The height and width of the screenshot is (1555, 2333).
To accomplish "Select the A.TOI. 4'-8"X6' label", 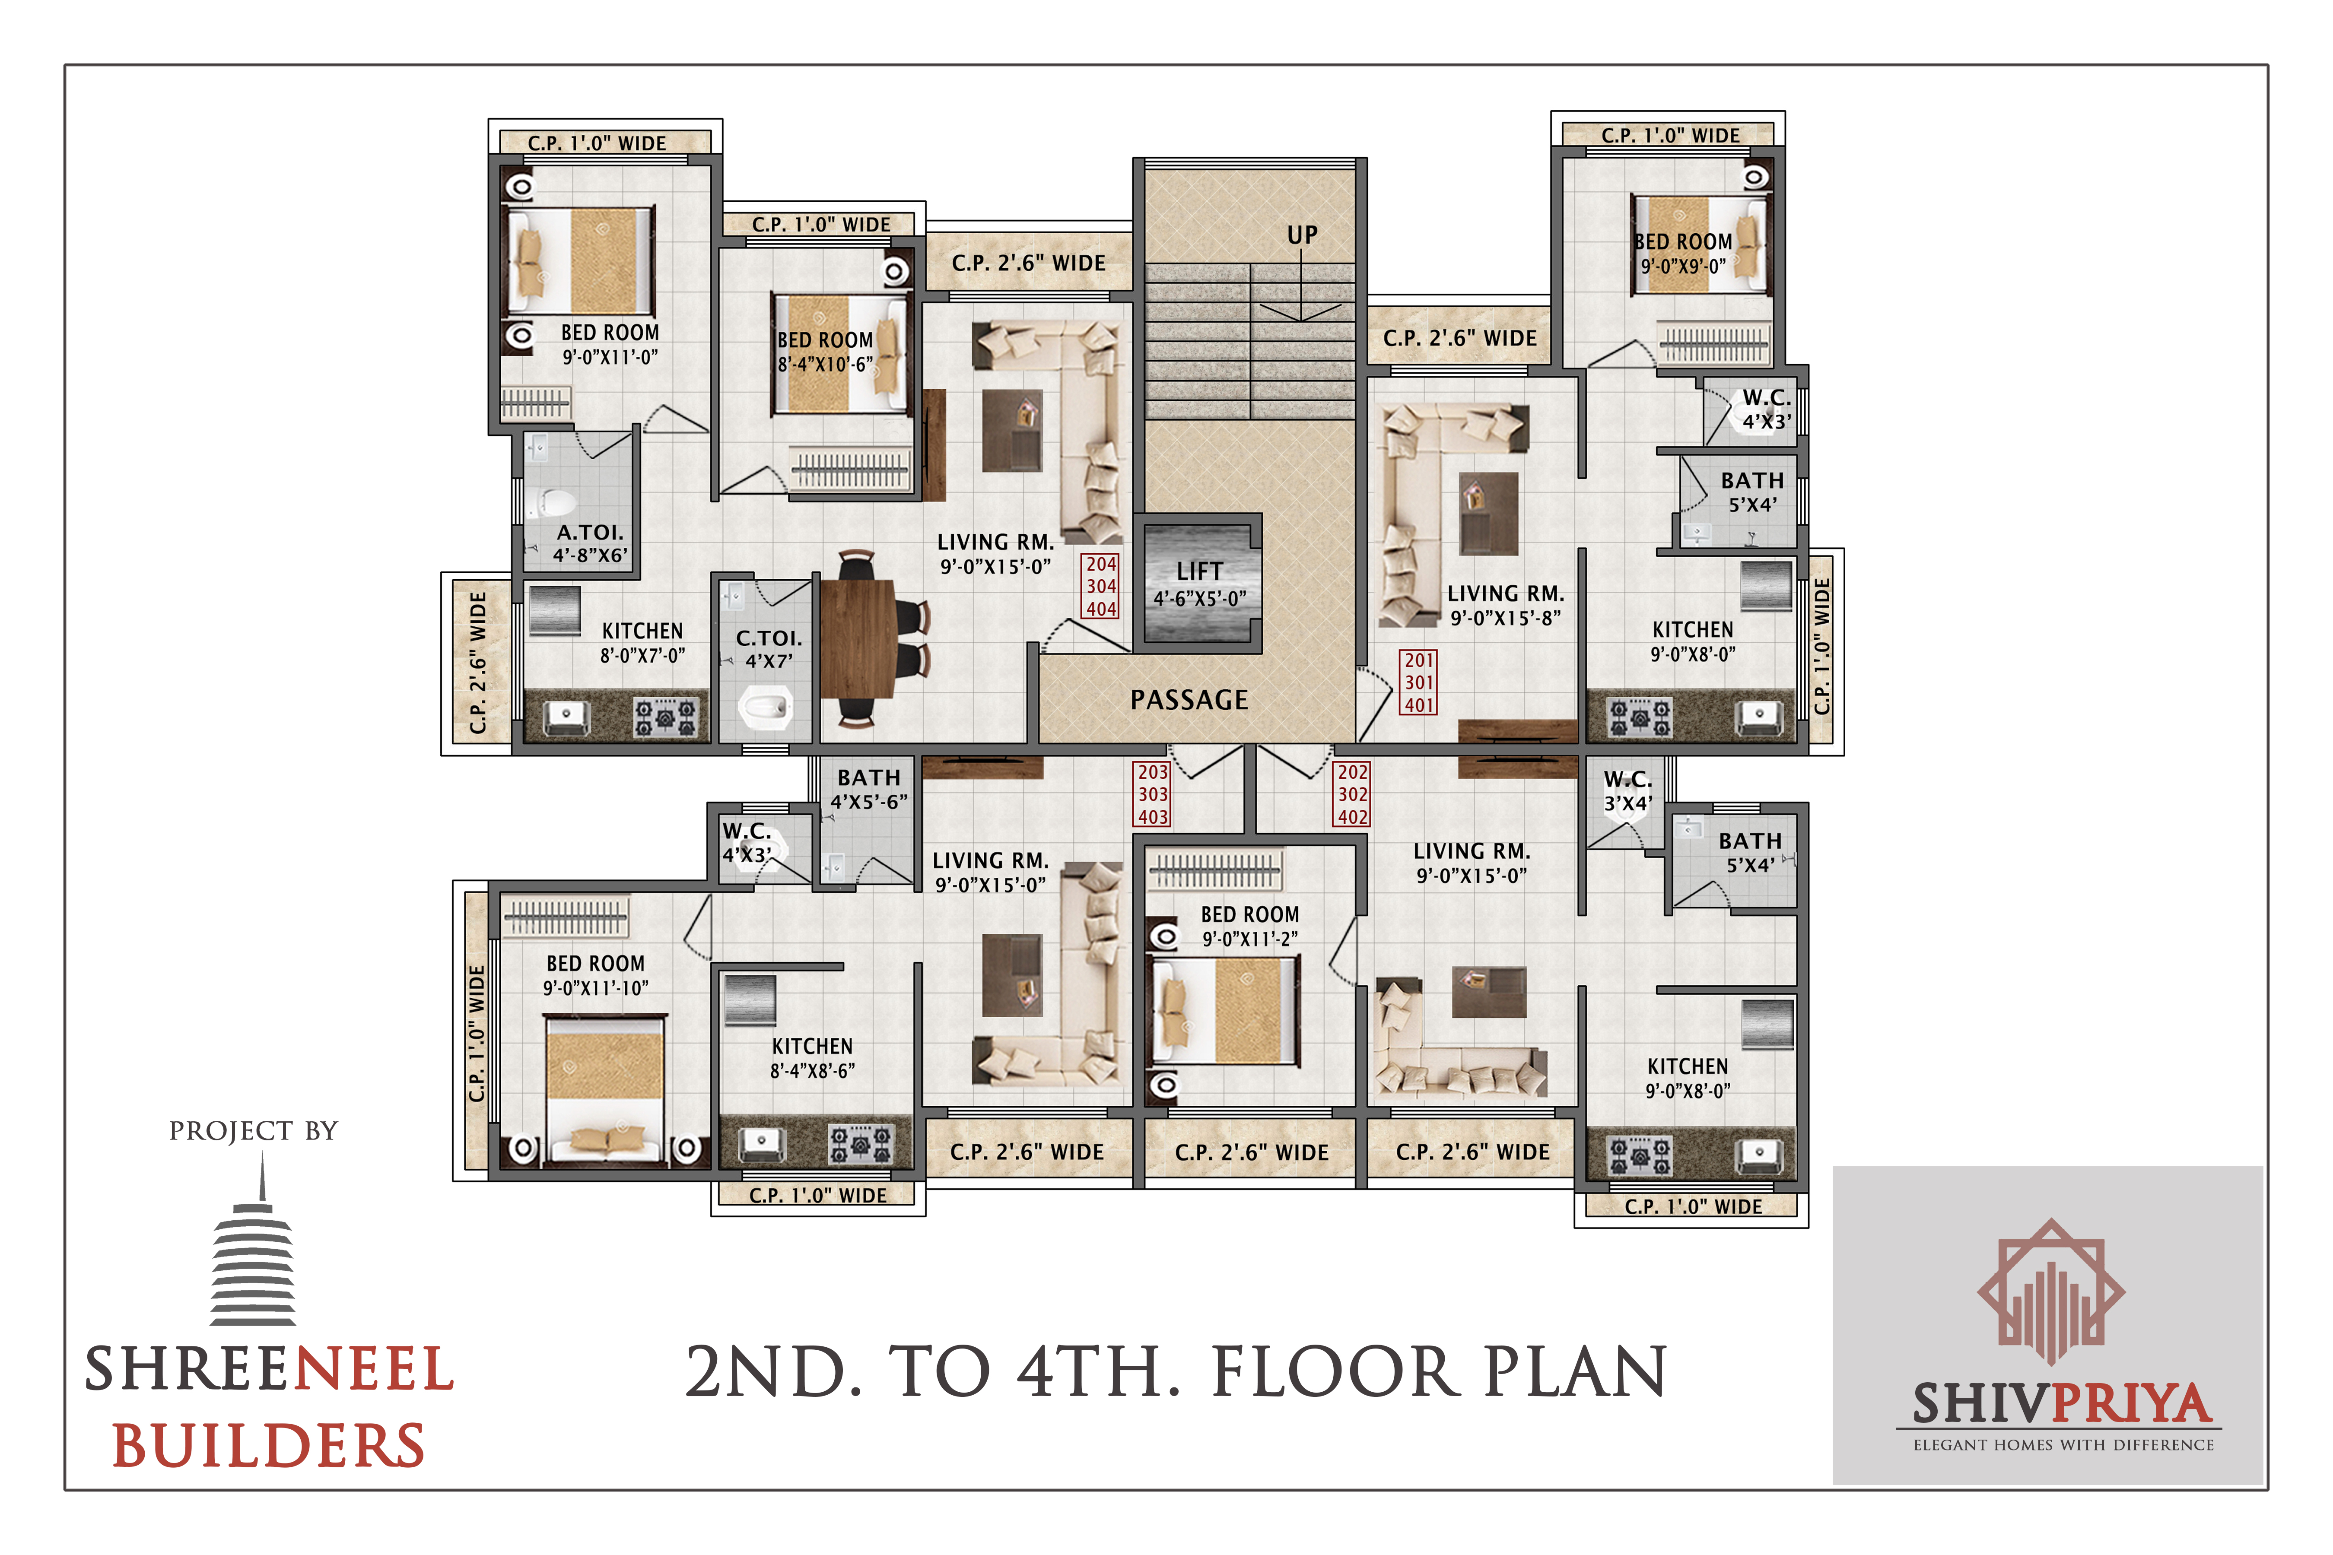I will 590,543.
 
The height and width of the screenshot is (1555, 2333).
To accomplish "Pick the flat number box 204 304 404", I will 1101,586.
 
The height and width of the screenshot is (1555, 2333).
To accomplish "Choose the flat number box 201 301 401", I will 1418,682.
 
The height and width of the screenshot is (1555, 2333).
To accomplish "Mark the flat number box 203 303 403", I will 1153,794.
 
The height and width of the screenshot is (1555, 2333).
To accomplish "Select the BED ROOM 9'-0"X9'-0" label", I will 1683,253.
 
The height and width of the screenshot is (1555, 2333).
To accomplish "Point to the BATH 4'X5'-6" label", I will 869,790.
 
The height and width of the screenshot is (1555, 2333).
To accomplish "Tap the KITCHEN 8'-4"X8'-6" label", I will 812,1058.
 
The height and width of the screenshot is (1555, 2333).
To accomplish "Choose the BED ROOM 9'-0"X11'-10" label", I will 595,975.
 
